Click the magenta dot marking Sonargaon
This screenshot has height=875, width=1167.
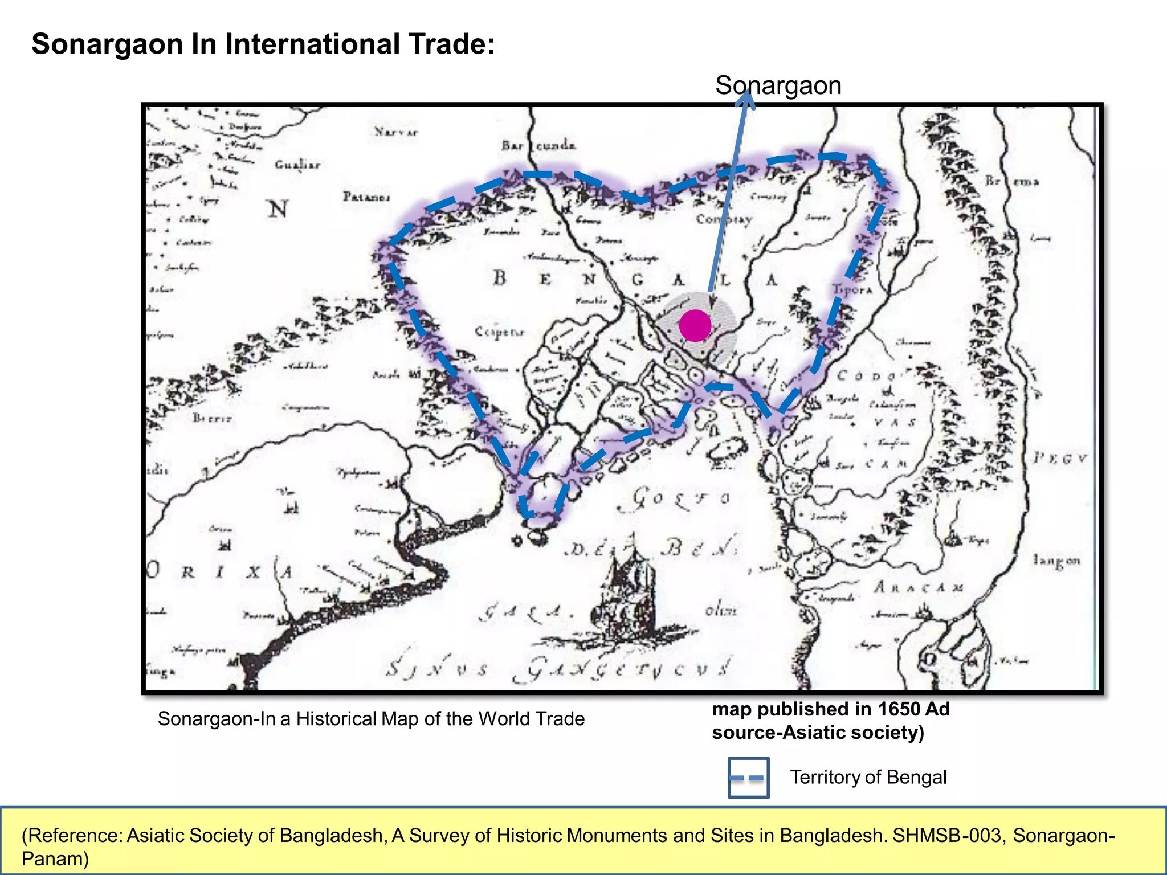point(695,326)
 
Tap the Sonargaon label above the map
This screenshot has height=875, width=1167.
point(778,85)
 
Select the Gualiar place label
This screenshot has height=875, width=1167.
point(297,165)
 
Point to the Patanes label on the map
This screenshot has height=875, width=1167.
point(366,197)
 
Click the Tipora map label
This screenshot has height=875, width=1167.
point(852,289)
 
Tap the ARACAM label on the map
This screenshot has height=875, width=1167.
point(918,587)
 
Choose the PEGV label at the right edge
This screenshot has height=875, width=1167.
point(1060,458)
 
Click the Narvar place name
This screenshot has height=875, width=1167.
point(396,132)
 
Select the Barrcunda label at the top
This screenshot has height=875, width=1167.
point(538,146)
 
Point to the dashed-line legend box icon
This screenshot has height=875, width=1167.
point(748,777)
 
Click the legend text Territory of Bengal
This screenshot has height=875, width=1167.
point(868,777)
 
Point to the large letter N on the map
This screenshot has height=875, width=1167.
point(278,209)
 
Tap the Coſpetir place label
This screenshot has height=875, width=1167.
point(499,332)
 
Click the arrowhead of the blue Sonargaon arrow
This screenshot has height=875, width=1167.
point(745,98)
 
